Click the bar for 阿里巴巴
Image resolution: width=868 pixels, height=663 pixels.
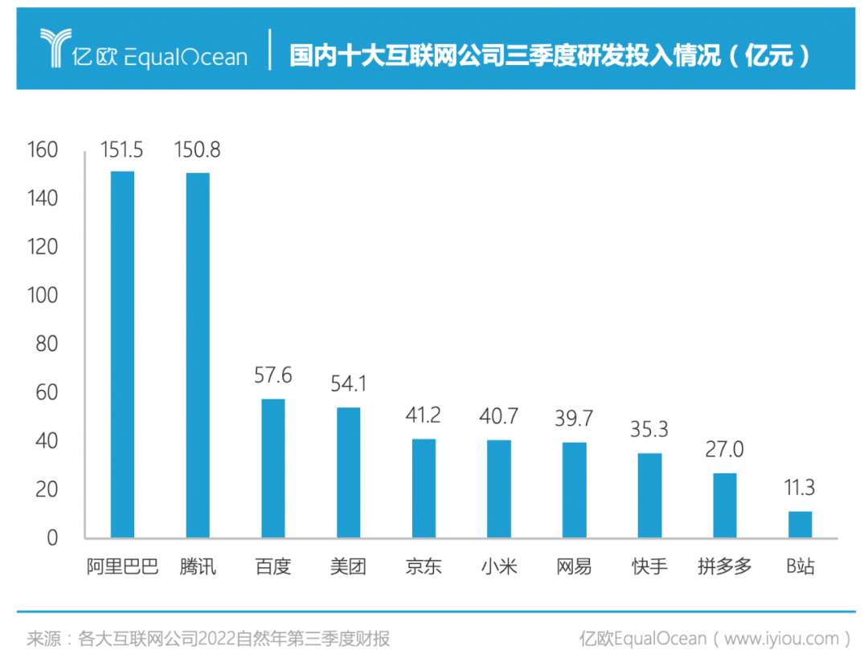122,354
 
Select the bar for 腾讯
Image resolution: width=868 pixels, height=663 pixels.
198,355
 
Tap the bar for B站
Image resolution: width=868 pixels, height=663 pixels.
800,524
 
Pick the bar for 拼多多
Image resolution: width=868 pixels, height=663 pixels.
724,505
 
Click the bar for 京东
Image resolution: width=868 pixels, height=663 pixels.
424,488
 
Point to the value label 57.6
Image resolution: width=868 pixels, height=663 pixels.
272,375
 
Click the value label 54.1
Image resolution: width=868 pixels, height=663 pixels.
348,384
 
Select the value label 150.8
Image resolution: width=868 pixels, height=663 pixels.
198,149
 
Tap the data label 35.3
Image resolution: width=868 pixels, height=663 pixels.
649,430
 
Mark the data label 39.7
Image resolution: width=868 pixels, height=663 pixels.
574,419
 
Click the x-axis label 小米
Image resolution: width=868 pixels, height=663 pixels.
499,567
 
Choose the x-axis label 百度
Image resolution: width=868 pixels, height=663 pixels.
272,567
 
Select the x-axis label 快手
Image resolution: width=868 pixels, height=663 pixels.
649,567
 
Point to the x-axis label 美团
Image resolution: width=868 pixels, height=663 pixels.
348,567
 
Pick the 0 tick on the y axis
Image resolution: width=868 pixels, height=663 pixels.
52,538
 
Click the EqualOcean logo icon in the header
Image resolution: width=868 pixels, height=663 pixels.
57,49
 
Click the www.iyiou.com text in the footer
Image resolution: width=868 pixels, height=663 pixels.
781,639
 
